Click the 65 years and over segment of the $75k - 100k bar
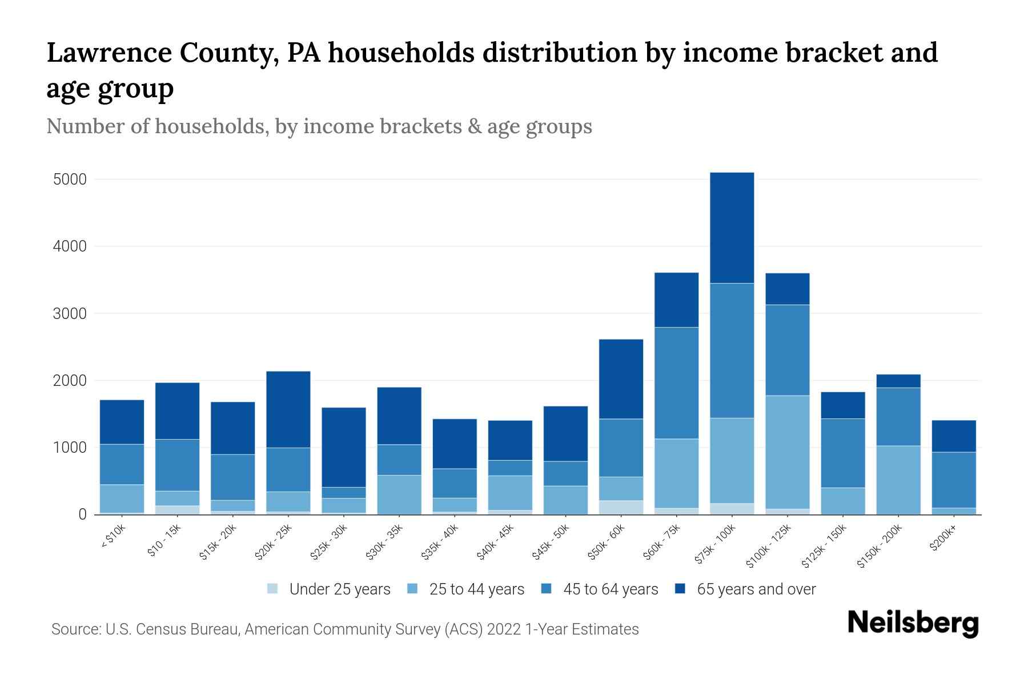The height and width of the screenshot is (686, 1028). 732,228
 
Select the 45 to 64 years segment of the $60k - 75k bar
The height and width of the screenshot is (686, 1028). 676,383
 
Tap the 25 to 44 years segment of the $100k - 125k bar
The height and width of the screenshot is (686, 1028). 787,452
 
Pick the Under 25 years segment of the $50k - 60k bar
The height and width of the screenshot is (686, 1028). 621,507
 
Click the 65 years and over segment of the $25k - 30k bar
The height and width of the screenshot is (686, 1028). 343,447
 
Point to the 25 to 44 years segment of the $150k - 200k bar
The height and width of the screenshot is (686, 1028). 898,480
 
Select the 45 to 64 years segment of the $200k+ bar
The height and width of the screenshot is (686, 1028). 954,480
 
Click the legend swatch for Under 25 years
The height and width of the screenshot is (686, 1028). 273,589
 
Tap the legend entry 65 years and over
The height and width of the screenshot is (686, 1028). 756,589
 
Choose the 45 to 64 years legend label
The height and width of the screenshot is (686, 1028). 610,589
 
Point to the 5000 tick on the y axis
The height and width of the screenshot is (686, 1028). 70,180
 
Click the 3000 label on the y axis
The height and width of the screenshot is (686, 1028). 70,314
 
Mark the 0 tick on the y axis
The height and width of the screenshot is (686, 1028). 82,514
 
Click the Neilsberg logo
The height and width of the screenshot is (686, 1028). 913,623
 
